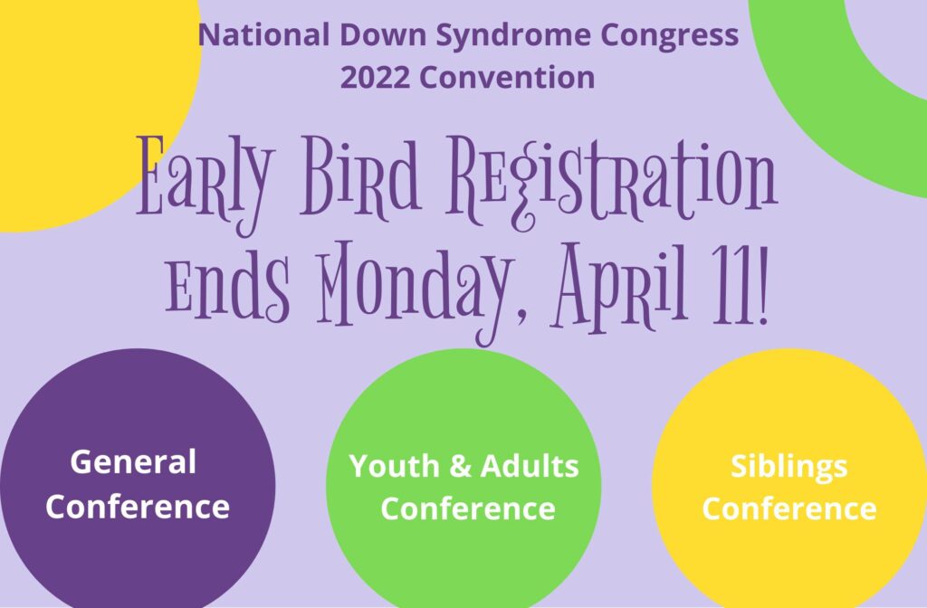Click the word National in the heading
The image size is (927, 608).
tap(263, 34)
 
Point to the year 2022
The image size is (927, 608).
tap(375, 78)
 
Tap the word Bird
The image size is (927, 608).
tap(360, 176)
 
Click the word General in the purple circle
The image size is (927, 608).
tap(133, 462)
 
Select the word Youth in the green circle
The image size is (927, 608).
tap(395, 466)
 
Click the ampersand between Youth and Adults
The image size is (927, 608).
tap(461, 466)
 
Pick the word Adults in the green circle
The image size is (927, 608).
tap(530, 466)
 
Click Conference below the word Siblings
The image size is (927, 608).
tap(789, 508)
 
